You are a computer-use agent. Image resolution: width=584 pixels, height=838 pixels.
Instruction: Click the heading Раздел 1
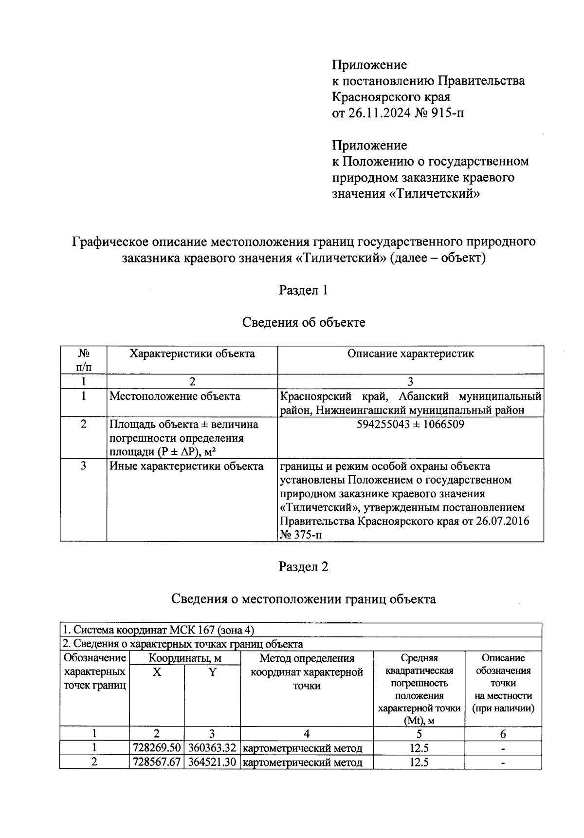303,290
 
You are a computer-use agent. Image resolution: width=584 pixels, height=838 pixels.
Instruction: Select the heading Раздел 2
303,567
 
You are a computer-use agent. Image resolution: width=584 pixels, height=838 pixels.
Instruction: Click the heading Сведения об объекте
303,322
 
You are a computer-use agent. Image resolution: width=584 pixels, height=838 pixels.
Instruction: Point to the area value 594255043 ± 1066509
410,424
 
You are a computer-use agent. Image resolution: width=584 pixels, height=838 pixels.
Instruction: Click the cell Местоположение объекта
175,396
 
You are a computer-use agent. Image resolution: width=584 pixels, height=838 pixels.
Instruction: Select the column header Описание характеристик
410,354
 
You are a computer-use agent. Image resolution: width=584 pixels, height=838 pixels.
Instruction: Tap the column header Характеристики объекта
192,354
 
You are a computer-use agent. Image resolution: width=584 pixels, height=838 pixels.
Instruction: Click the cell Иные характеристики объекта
186,466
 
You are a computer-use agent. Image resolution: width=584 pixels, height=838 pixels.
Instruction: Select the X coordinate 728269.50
156,748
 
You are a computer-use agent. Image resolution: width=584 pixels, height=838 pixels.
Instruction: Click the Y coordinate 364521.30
212,762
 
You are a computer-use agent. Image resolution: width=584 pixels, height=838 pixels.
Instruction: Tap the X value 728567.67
156,762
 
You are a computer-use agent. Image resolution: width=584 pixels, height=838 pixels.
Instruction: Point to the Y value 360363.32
212,748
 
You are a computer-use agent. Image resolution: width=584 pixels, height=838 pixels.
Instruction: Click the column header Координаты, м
184,658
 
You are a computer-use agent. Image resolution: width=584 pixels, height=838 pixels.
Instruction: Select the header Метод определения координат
307,672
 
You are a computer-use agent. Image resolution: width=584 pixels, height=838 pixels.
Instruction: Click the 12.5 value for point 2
419,762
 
